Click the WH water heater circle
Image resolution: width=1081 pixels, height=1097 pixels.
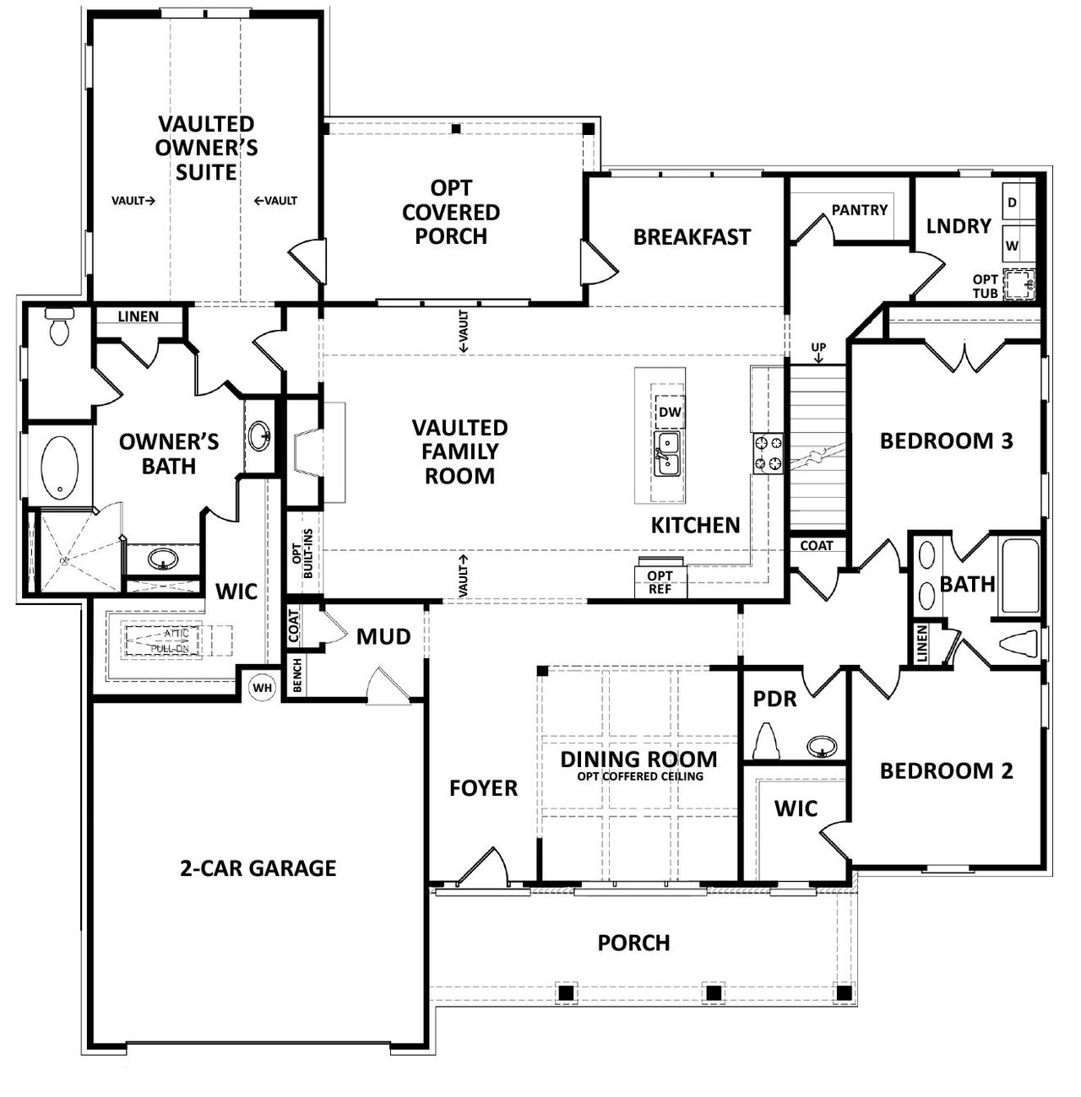[263, 688]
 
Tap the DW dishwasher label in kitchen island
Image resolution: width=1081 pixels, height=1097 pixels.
[669, 413]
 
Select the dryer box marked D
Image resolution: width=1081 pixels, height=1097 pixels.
[1013, 203]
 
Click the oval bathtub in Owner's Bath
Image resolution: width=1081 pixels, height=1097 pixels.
[60, 467]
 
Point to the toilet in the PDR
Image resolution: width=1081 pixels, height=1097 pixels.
[768, 741]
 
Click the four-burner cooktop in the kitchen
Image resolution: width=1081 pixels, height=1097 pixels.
[768, 451]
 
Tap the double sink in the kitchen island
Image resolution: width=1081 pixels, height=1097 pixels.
[668, 452]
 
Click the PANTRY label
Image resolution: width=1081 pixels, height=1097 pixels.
[859, 209]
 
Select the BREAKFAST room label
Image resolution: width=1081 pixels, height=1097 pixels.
[692, 237]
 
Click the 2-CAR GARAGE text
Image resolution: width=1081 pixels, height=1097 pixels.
[258, 867]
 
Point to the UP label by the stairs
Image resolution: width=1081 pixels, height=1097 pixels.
[818, 347]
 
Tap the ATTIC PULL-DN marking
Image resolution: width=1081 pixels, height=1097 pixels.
[164, 641]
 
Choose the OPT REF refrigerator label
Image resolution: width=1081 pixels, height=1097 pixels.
[660, 582]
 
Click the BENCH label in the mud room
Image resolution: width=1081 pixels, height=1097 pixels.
[297, 676]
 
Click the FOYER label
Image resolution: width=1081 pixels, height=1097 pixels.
[483, 788]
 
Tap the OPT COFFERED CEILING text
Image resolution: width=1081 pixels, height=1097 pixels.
[639, 776]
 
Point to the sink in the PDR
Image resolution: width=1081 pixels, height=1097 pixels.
[821, 746]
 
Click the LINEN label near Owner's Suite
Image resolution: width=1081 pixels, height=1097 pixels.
[138, 316]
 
